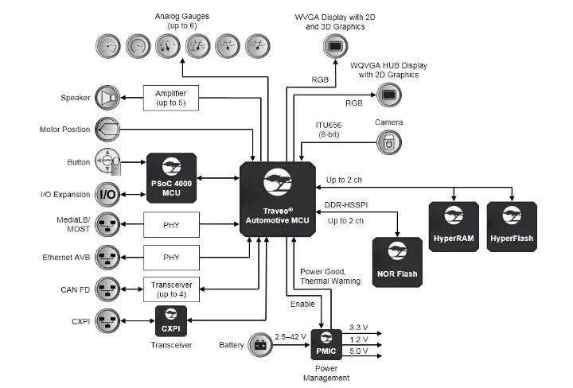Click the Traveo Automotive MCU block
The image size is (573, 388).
[278, 199]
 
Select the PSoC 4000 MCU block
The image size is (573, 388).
[171, 178]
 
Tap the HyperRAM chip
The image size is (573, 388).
[454, 227]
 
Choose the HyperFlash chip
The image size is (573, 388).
[512, 227]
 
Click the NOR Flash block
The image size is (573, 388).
[397, 262]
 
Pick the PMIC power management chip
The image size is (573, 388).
[326, 344]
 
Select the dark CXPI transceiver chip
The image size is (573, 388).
[171, 321]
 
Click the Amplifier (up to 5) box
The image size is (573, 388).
[171, 98]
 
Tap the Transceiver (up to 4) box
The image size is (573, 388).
[171, 289]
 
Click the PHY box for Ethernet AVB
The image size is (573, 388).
[171, 258]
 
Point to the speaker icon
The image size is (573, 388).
[107, 98]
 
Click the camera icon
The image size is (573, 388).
[389, 142]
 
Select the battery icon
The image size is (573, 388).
[260, 344]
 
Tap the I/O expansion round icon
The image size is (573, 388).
[107, 195]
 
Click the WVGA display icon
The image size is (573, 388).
[335, 46]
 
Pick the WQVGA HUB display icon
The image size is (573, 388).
[389, 95]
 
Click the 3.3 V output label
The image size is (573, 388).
[358, 328]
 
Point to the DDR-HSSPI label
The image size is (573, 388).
[345, 205]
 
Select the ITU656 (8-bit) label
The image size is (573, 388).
[329, 130]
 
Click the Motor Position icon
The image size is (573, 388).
[107, 130]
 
